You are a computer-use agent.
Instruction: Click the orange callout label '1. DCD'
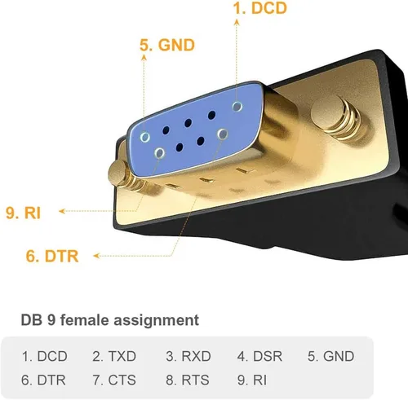[259, 8]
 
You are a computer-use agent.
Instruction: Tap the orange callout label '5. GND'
[167, 45]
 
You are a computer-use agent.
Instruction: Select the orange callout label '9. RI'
[23, 213]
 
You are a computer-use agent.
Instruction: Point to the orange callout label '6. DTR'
[52, 256]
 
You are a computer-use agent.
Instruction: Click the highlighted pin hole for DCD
[237, 106]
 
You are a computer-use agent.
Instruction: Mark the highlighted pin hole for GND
[145, 137]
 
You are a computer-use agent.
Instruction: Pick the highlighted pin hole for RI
[159, 153]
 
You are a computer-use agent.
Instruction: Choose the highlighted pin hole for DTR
[223, 134]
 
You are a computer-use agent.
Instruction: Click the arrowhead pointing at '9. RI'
[62, 211]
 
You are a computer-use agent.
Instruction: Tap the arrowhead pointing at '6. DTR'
[96, 256]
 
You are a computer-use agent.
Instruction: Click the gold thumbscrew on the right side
[337, 117]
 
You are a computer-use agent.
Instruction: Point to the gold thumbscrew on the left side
[124, 176]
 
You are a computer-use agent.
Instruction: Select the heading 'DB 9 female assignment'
[110, 320]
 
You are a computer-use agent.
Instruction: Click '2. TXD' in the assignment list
[114, 356]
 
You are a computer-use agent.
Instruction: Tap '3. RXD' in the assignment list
[188, 356]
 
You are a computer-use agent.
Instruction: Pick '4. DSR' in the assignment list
[259, 356]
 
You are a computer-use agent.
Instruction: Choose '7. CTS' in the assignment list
[114, 380]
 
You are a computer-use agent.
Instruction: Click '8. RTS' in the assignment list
[188, 380]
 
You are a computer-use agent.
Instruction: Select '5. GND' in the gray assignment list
[330, 356]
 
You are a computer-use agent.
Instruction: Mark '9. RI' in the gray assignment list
[252, 380]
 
